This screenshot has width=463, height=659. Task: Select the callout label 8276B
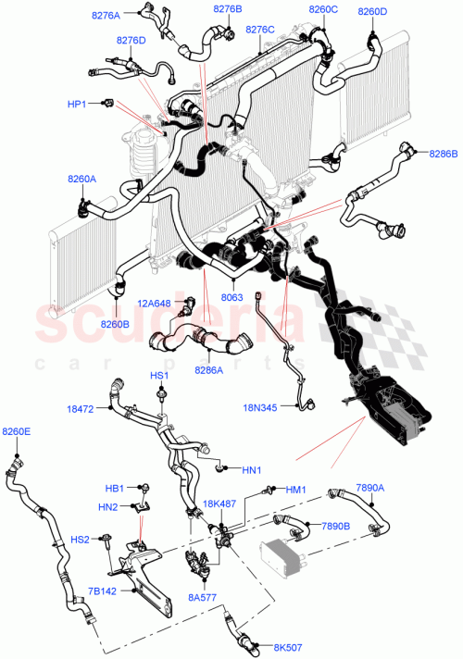pos(227,9)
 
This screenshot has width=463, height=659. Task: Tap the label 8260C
pos(323,10)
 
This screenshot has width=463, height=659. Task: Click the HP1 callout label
pos(77,104)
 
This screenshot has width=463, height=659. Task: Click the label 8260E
pos(16,431)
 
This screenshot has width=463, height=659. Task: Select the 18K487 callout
pos(218,504)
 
